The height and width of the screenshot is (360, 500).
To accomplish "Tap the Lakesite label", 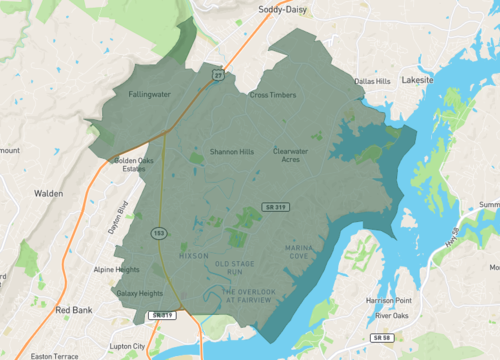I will pos(419,79).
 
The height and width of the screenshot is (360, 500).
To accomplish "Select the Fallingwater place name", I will pos(150,94).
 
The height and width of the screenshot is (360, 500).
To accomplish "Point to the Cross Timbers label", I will pos(273,95).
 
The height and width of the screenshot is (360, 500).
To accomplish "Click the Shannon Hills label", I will pos(232,152).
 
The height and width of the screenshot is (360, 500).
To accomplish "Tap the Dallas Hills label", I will pos(371,81).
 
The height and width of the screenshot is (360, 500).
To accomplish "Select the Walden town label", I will pos(48,193).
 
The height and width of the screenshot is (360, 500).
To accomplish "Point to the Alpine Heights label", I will pos(116,270).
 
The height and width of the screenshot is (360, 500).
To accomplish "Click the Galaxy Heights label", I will pos(139,293).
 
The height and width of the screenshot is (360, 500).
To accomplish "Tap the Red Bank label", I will pos(74,310).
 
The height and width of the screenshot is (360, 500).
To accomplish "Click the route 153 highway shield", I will pos(159,233).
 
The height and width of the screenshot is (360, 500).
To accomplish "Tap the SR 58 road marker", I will pos(381,339).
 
